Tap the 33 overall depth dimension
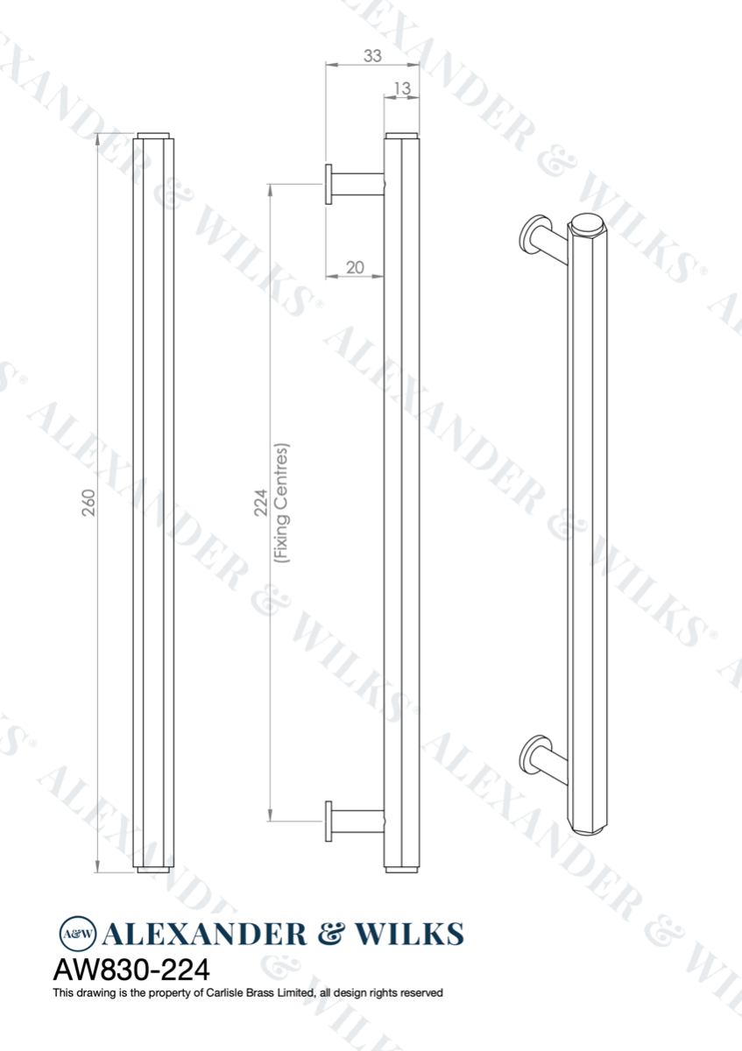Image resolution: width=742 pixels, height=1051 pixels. coord(371,56)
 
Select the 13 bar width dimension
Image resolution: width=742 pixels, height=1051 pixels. coord(402,88)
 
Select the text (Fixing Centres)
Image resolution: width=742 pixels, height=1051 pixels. coord(281,502)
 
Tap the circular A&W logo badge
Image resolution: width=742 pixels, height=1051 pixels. coord(77,934)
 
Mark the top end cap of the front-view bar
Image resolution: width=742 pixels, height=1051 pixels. coord(154,136)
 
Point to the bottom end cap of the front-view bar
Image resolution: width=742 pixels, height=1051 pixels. coord(154,869)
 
